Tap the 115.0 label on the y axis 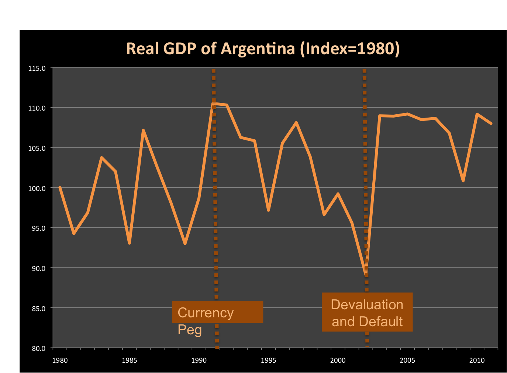(37, 68)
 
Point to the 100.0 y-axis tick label (37, 188)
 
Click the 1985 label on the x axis (129, 360)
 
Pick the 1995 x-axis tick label (268, 360)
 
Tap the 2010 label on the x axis (477, 360)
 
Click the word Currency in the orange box (206, 313)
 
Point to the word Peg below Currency (190, 329)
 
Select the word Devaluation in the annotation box (367, 305)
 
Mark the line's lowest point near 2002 (366, 272)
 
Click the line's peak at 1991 (213, 104)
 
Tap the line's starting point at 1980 (60, 188)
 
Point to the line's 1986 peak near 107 (143, 130)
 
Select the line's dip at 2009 (463, 181)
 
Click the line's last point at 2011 (491, 123)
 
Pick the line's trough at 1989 (185, 244)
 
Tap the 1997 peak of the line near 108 (296, 122)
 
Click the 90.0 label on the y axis (37, 268)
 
